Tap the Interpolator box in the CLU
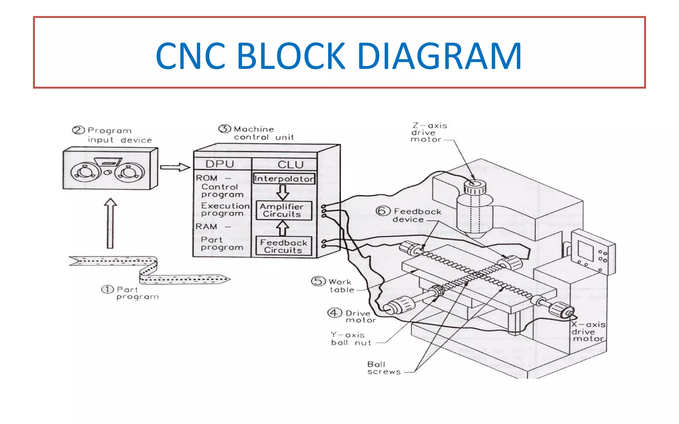click(284, 179)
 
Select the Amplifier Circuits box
click(284, 210)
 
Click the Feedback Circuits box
click(284, 246)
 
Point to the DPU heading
click(219, 164)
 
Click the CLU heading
click(290, 165)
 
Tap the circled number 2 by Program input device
click(78, 130)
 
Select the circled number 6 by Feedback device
click(382, 211)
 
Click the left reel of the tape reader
click(86, 172)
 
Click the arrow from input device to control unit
click(175, 167)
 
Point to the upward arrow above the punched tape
click(110, 224)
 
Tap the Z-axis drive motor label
click(429, 132)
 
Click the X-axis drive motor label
click(588, 332)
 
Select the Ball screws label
click(384, 368)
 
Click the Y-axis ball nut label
click(350, 339)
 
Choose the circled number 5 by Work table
click(318, 281)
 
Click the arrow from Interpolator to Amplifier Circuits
click(282, 192)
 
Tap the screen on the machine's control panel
click(585, 251)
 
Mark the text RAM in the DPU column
click(206, 227)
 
